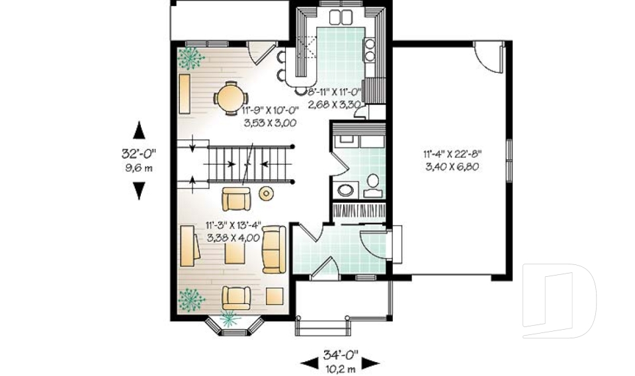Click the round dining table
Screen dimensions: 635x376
click(x=231, y=98)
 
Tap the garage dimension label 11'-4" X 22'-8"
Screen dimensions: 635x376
click(x=452, y=154)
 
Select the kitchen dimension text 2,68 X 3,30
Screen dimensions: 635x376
click(x=334, y=104)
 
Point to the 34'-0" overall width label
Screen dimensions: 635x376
click(x=341, y=355)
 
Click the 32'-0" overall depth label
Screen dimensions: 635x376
click(x=139, y=154)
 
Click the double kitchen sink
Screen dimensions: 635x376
click(x=341, y=17)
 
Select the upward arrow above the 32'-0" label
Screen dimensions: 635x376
click(x=140, y=130)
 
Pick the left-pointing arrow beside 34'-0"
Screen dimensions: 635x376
click(x=309, y=363)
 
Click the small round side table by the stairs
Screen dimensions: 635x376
click(x=266, y=194)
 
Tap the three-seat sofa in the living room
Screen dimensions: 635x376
click(x=274, y=249)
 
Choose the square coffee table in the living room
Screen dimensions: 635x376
click(x=235, y=254)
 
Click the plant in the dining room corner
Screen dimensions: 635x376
click(x=190, y=59)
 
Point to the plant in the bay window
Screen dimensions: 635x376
click(x=230, y=318)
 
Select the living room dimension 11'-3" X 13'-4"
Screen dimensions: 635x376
click(x=233, y=226)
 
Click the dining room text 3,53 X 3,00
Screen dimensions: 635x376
click(x=270, y=123)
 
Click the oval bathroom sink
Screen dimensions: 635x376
click(x=345, y=190)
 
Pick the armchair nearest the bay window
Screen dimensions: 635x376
click(x=236, y=298)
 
